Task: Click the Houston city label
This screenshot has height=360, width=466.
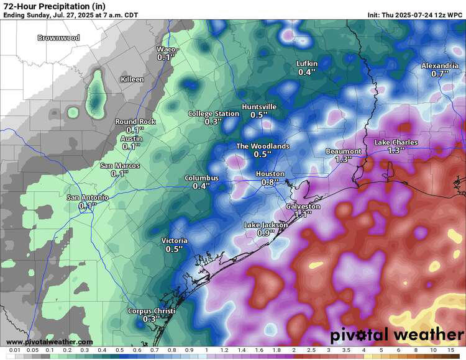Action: click(x=270, y=174)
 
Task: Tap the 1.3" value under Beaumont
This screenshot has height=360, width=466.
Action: click(x=343, y=160)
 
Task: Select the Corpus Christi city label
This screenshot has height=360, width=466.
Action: click(x=152, y=311)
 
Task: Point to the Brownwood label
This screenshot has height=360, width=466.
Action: click(x=58, y=38)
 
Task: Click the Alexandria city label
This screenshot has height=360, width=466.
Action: click(x=440, y=66)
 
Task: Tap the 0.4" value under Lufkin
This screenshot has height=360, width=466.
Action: click(x=306, y=72)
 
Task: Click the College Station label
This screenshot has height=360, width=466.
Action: click(x=214, y=114)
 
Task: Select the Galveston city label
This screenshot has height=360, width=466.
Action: click(x=303, y=206)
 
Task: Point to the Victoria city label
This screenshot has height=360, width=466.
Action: click(x=174, y=241)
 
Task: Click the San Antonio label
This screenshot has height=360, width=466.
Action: click(x=88, y=197)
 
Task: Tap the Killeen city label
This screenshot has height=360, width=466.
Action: click(x=132, y=79)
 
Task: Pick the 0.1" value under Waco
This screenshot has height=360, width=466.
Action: click(x=166, y=57)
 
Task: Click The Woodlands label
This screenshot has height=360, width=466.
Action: click(x=263, y=146)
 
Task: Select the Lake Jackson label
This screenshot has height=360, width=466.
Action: click(x=265, y=225)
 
